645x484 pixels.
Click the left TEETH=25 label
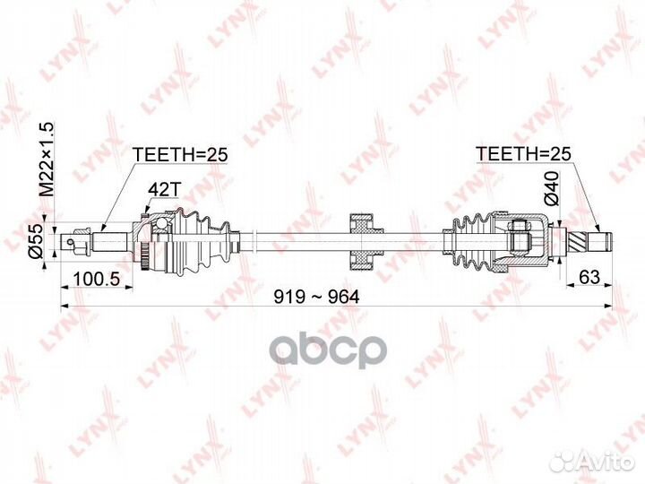[180, 154]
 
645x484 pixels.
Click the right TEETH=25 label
[523, 154]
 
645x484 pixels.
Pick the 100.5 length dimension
[97, 279]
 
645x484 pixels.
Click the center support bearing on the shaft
[362, 240]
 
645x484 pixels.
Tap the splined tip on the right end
[590, 240]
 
